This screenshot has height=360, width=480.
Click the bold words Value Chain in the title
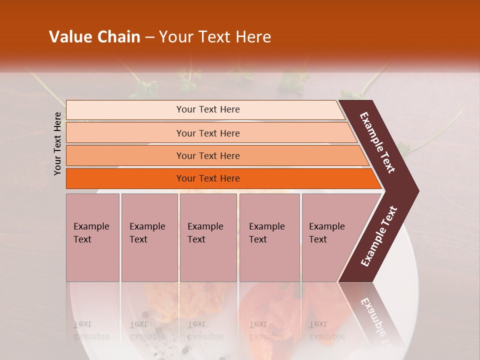(x=94, y=37)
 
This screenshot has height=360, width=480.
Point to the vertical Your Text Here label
(x=57, y=143)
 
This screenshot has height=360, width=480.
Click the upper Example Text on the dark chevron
(x=377, y=142)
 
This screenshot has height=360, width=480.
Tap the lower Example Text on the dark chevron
(x=379, y=236)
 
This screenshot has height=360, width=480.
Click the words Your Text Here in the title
(x=215, y=37)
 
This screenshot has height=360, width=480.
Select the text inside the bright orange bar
(x=208, y=178)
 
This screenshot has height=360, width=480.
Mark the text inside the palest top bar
(x=208, y=109)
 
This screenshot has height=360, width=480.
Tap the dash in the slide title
(x=149, y=37)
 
